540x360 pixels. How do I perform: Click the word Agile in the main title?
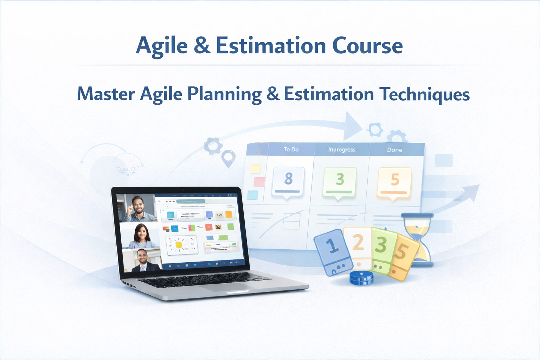point(162,46)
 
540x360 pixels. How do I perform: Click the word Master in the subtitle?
point(106,94)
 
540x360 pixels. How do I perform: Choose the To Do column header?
point(291,149)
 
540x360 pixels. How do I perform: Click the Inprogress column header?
point(342,149)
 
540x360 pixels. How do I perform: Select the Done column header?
point(394,150)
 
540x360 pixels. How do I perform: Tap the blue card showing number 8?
point(288,181)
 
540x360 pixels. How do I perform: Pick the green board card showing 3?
point(339,182)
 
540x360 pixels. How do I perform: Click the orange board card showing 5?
point(394,182)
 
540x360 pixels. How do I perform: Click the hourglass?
point(418,239)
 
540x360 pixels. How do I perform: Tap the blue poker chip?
point(361,278)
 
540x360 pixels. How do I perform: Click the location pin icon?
point(228,158)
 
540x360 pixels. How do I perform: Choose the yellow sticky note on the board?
point(256,168)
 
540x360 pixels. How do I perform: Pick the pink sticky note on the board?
point(259,181)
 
